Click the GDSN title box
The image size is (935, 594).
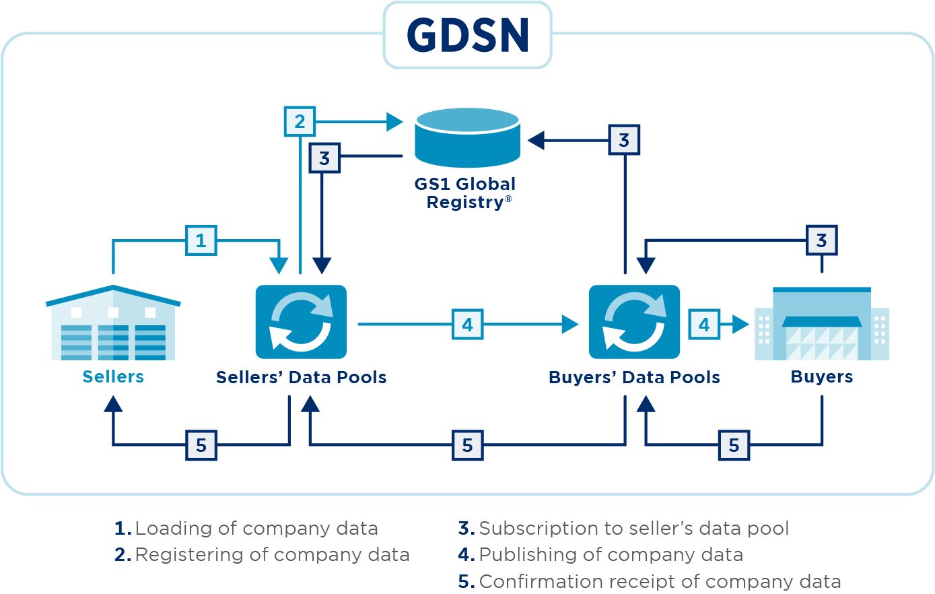tap(467, 35)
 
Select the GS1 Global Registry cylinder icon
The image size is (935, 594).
tap(467, 137)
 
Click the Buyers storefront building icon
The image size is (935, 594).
tap(821, 324)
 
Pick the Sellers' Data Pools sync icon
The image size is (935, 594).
tap(301, 322)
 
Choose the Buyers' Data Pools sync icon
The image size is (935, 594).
tap(634, 322)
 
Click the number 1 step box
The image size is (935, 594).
tap(201, 240)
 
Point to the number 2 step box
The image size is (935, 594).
tap(300, 122)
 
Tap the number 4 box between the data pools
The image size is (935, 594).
tap(467, 325)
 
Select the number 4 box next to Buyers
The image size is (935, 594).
tap(704, 325)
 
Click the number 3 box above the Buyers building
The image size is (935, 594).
tap(821, 240)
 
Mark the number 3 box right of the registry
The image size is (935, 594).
tap(624, 140)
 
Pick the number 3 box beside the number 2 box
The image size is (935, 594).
tap(324, 158)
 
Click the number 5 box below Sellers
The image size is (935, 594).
tap(201, 445)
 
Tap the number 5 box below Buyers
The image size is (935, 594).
tap(734, 445)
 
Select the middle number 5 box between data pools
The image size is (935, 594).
tap(467, 445)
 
